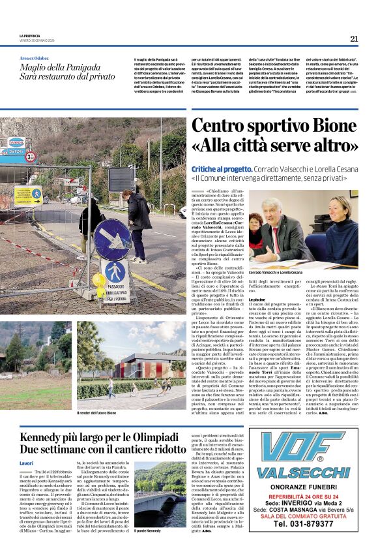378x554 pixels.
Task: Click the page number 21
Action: click(354, 38)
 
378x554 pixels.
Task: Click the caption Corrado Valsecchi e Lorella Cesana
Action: click(276, 272)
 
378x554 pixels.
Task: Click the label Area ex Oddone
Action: click(34, 58)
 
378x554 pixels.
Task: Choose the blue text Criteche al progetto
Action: click(219, 169)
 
